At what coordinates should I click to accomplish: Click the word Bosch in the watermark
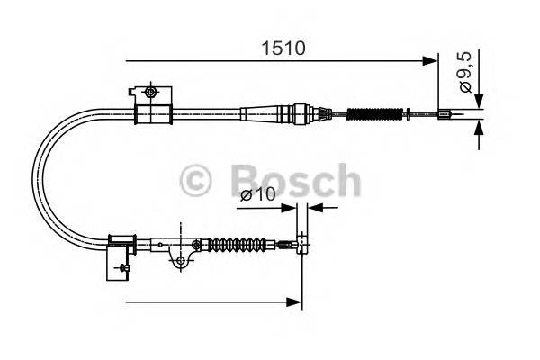(x=288, y=179)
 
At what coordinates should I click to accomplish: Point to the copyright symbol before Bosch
(x=196, y=180)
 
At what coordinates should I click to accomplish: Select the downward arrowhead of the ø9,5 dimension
(x=479, y=100)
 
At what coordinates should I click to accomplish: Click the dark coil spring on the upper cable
(x=371, y=113)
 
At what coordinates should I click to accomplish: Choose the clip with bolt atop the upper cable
(x=148, y=93)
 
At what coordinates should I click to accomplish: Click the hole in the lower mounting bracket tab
(x=180, y=261)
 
